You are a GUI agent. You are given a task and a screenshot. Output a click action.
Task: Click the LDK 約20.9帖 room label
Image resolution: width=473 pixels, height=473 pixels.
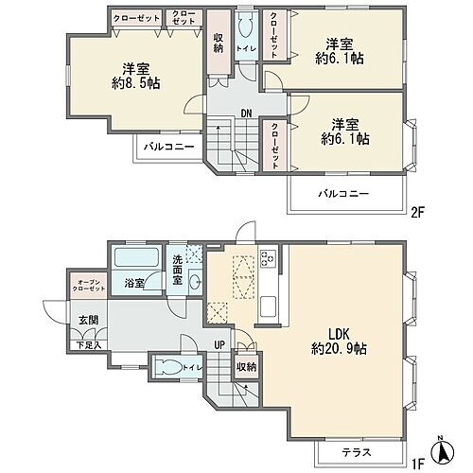(x=336, y=342)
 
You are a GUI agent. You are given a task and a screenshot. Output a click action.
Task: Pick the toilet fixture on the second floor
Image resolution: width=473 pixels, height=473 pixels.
(x=244, y=26)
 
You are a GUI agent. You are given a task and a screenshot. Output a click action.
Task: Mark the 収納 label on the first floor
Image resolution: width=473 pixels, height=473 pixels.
(x=246, y=366)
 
